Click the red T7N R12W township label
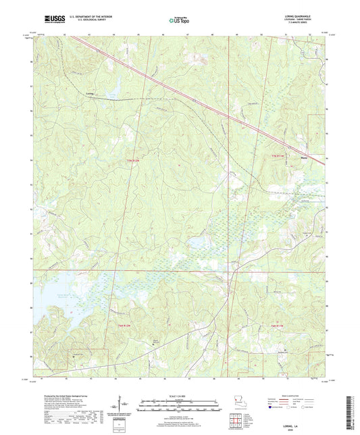(135, 160)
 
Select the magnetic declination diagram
(124, 406)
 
